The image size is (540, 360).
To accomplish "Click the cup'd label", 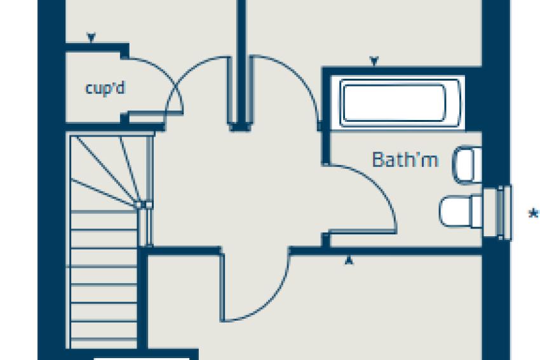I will (x=105, y=88).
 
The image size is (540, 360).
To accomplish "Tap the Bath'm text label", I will (x=405, y=159).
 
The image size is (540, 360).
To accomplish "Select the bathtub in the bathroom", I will (x=393, y=102).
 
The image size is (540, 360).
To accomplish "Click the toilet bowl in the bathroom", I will (x=459, y=210).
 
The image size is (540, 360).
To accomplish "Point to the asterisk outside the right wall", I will (x=533, y=214).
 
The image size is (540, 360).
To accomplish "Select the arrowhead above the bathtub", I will (x=374, y=61).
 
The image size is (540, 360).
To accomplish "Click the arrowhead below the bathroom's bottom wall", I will (x=348, y=259).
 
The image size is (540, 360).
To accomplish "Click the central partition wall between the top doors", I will (x=241, y=63).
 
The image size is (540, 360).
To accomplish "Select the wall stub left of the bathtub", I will (x=325, y=117).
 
